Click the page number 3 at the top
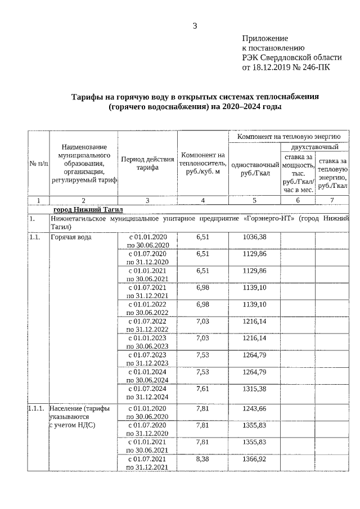195,25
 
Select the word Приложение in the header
265,38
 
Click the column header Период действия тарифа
147,163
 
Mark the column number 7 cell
332,200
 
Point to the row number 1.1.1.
37,408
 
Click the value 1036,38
254,237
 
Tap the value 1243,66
254,408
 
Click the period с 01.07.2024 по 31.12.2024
147,392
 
